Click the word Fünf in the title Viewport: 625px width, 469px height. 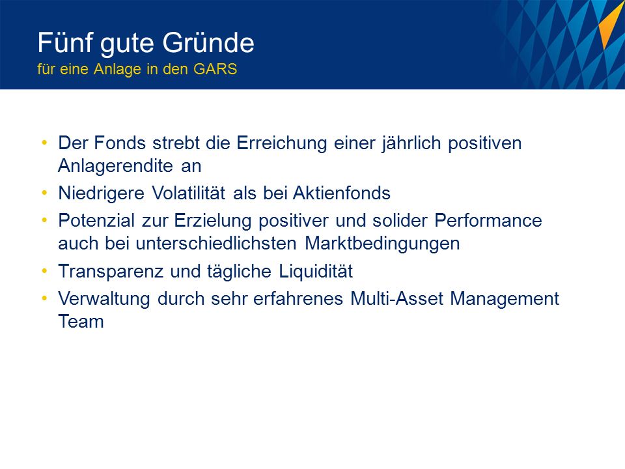tap(65, 42)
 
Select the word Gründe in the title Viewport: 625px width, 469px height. tap(208, 42)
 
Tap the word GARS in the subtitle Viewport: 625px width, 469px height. tap(215, 69)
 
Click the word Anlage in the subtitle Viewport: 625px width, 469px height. tap(118, 70)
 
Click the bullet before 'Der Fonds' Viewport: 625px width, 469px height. tap(44, 143)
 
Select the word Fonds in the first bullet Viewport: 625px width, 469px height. tap(120, 143)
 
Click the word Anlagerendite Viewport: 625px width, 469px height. tap(116, 166)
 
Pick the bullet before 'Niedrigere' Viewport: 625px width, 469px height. tap(44, 193)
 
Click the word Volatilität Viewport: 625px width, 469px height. tap(189, 193)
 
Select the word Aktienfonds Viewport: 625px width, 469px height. tap(342, 193)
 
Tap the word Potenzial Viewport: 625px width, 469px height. tap(96, 220)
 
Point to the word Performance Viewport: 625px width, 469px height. tap(488, 220)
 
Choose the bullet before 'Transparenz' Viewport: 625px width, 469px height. tap(44, 271)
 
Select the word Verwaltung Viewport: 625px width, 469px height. tap(104, 299)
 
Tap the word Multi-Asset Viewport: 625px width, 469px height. tap(396, 298)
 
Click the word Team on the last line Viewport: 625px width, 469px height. tap(81, 321)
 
